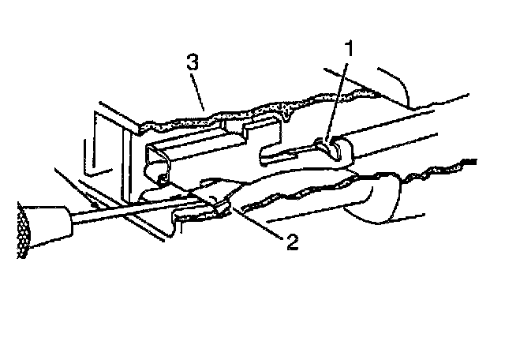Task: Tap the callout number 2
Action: (x=292, y=242)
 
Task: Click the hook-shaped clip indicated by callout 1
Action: (x=329, y=147)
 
